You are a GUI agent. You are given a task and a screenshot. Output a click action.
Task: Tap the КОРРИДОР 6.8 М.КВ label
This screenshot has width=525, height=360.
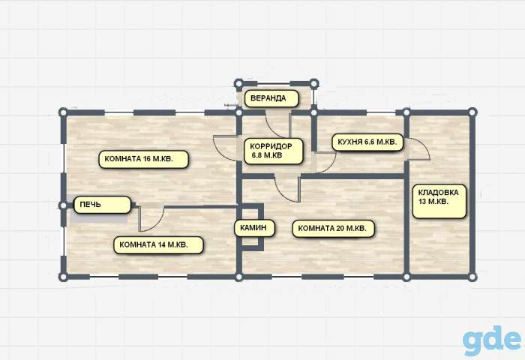pyautogui.click(x=274, y=151)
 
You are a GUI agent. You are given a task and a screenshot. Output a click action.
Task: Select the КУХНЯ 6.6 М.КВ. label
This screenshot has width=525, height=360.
pyautogui.click(x=367, y=142)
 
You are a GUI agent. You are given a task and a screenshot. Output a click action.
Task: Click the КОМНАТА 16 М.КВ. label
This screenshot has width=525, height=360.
pyautogui.click(x=143, y=159)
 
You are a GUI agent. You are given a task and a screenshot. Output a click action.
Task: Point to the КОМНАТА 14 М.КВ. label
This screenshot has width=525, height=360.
pyautogui.click(x=158, y=244)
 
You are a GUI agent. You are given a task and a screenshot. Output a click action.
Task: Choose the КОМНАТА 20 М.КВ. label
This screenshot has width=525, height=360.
pyautogui.click(x=334, y=229)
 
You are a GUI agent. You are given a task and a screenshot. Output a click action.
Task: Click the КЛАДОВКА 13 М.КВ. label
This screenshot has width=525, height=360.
pyautogui.click(x=439, y=201)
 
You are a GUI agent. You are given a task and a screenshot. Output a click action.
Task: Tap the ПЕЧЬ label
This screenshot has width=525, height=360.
pyautogui.click(x=102, y=205)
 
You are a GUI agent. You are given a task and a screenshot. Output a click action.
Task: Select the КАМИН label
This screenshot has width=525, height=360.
pyautogui.click(x=254, y=228)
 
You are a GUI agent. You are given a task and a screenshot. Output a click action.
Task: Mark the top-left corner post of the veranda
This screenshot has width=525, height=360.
pyautogui.click(x=238, y=83)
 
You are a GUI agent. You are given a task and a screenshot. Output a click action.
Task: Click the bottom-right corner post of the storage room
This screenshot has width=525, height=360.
pyautogui.click(x=472, y=277)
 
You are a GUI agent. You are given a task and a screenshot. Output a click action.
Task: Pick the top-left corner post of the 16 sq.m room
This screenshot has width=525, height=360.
pyautogui.click(x=63, y=112)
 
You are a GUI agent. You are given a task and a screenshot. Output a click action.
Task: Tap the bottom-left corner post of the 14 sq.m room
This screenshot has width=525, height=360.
pyautogui.click(x=63, y=277)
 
